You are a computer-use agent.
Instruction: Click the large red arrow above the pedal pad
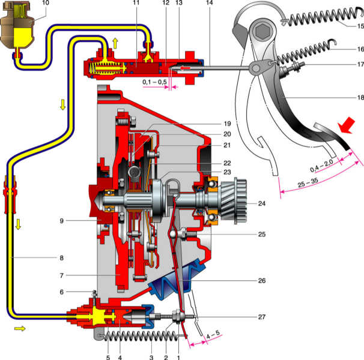(x=347, y=125)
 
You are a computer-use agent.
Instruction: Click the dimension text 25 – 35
(x=308, y=182)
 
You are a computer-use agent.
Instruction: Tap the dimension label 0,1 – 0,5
(x=154, y=82)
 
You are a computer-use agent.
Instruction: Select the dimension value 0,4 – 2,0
(x=322, y=166)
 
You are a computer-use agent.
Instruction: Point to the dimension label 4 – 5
(x=213, y=334)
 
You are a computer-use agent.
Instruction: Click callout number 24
(x=262, y=203)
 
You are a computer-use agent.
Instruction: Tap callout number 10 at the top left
(x=46, y=2)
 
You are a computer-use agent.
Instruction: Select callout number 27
(x=262, y=317)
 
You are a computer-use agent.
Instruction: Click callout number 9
(x=61, y=221)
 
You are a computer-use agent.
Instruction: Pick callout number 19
(x=227, y=124)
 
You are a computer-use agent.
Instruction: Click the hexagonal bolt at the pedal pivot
(x=262, y=31)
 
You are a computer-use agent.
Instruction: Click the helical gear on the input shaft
(x=233, y=201)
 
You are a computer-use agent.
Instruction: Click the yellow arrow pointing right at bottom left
(x=20, y=328)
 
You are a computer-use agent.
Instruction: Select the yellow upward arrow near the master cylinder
(x=115, y=43)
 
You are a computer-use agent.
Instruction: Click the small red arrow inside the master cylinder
(x=186, y=68)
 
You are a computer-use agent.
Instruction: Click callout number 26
(x=262, y=281)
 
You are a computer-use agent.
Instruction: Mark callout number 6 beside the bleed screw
(x=61, y=292)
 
